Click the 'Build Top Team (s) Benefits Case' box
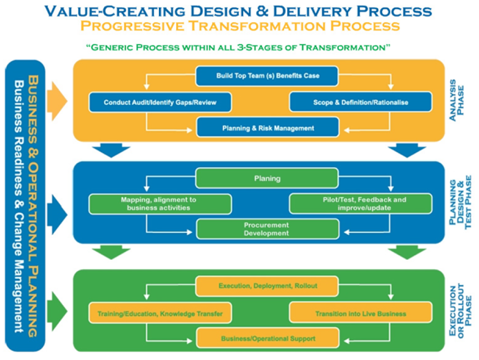click(x=267, y=76)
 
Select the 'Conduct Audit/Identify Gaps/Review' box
click(x=160, y=102)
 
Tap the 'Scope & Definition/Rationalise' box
click(x=361, y=102)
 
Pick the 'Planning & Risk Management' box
click(x=268, y=128)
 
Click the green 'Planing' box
click(x=267, y=178)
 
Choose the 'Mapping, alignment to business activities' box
click(x=160, y=204)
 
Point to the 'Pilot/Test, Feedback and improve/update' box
click(x=361, y=204)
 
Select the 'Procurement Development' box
click(x=268, y=229)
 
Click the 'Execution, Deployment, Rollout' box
click(x=267, y=286)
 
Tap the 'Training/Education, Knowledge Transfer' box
click(x=160, y=313)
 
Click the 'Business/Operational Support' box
click(x=268, y=338)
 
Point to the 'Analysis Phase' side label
click(x=457, y=100)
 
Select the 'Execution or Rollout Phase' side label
click(x=460, y=310)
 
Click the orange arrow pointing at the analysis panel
click(x=57, y=101)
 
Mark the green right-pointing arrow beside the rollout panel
click(x=57, y=312)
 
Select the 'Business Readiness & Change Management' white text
click(x=19, y=206)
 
